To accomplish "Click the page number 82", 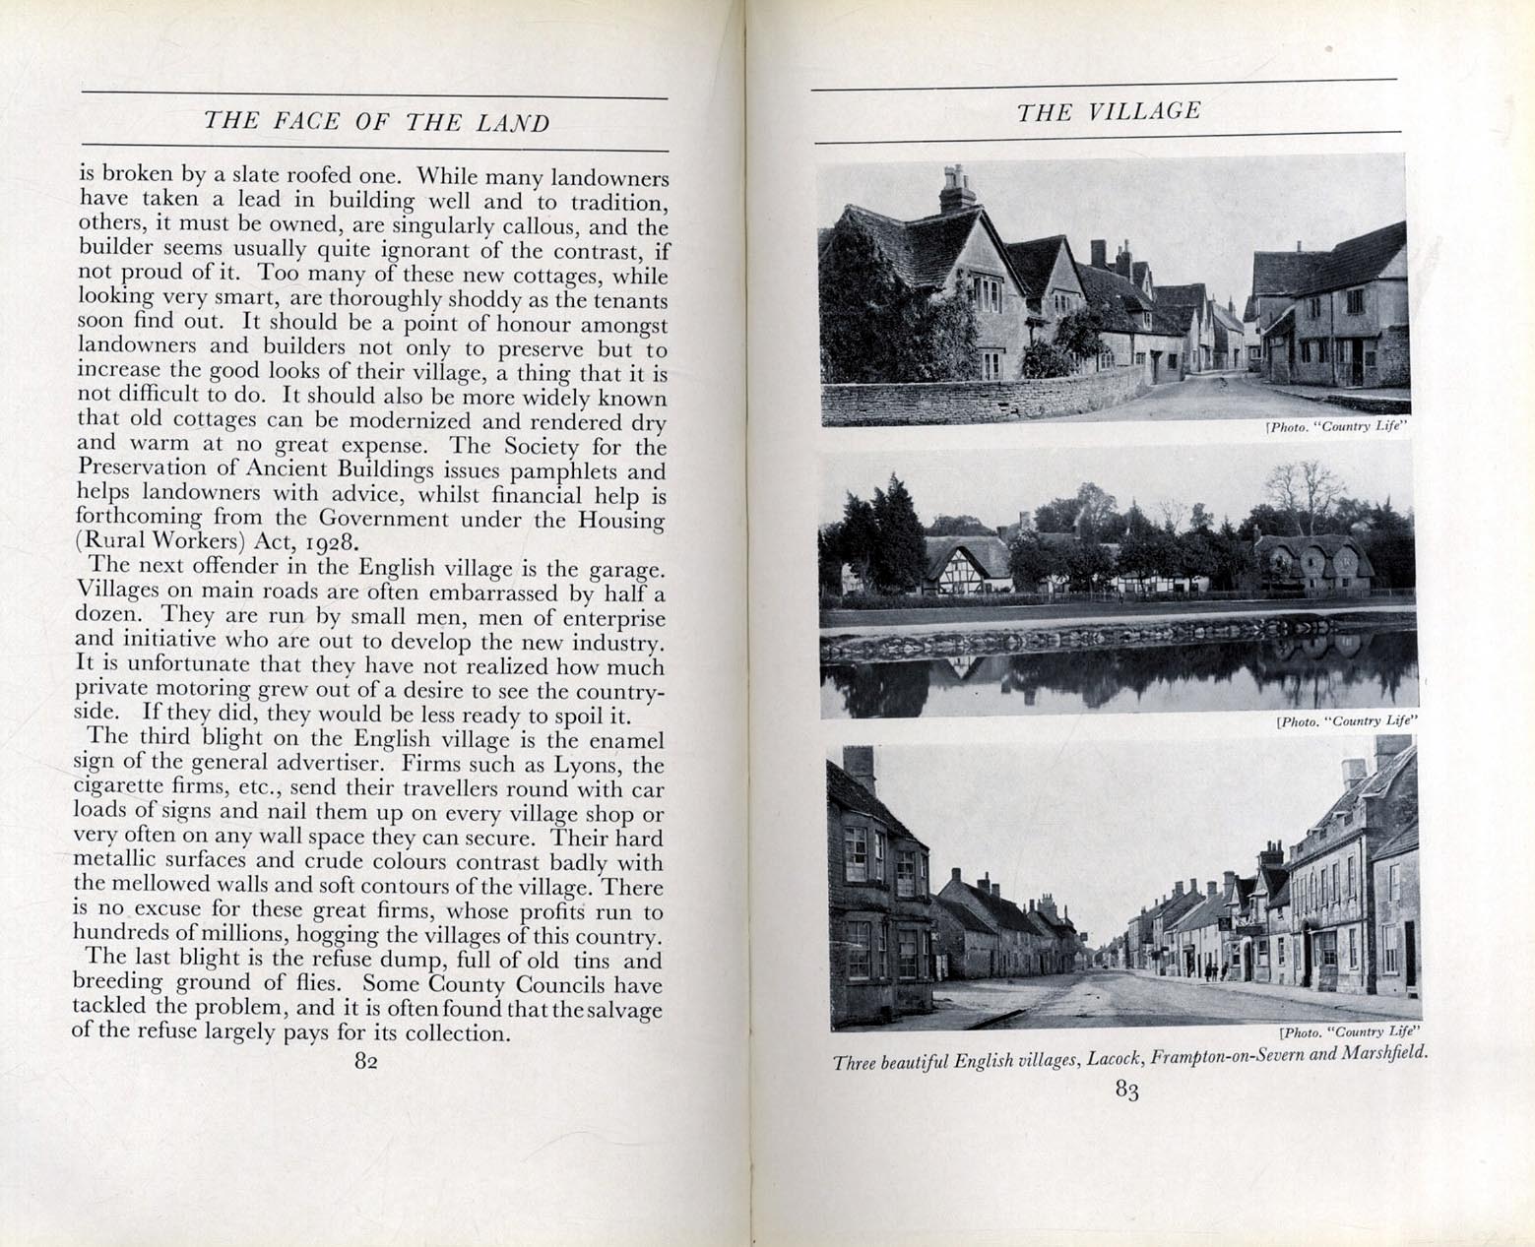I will tap(366, 1061).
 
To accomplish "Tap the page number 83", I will tap(1127, 1090).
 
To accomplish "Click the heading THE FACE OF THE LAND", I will tap(375, 122).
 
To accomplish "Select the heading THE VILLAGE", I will tap(1109, 111).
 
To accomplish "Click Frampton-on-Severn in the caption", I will tap(1227, 1056).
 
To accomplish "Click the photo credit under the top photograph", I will tap(1335, 427).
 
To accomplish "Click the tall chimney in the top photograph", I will tap(955, 190).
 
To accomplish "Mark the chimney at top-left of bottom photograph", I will tap(861, 769).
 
